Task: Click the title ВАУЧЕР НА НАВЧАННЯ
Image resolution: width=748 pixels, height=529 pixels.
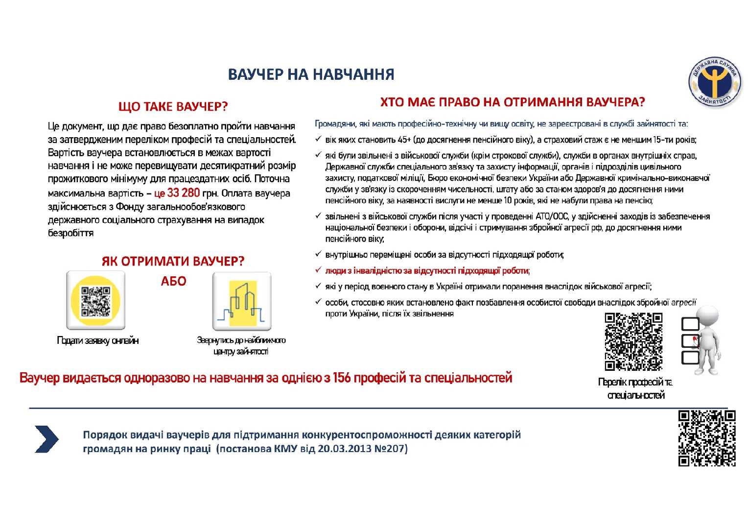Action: tap(311, 74)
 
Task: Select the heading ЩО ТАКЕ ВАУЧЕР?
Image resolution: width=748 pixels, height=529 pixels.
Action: tap(173, 106)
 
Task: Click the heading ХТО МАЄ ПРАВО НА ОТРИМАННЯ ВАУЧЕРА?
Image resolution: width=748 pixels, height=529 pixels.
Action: tap(512, 102)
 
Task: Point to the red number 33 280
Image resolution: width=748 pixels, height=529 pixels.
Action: tap(183, 193)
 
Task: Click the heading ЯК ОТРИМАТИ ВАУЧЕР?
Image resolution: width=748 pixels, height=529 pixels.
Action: tap(173, 261)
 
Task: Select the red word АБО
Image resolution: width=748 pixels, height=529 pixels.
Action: tap(173, 281)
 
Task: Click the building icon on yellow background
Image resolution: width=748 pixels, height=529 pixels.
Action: tap(242, 302)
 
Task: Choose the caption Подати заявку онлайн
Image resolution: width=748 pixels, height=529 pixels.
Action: tap(97, 340)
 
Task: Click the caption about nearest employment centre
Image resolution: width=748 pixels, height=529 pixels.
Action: tap(241, 345)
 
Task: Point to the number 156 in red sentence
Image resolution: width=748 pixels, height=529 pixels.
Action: tap(341, 378)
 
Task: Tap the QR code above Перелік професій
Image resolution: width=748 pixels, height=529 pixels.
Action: tap(633, 341)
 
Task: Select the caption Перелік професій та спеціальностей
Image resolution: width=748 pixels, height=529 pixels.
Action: tap(635, 388)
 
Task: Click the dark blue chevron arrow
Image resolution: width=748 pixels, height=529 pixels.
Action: tap(47, 439)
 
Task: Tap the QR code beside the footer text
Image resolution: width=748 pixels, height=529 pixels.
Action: tap(706, 438)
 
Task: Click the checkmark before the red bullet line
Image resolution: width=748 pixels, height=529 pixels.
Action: tap(318, 270)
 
